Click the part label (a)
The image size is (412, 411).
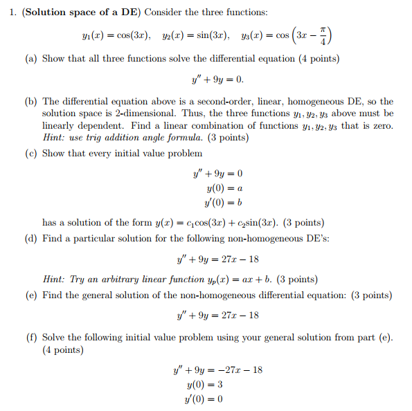(x=30, y=59)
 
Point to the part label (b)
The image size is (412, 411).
(x=30, y=101)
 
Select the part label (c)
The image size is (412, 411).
(x=30, y=153)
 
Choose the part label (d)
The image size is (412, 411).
(x=30, y=239)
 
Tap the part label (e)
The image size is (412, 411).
(x=30, y=295)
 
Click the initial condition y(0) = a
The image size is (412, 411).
(x=224, y=188)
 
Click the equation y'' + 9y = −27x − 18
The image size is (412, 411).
(x=217, y=370)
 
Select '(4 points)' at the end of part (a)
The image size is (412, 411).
(x=315, y=59)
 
